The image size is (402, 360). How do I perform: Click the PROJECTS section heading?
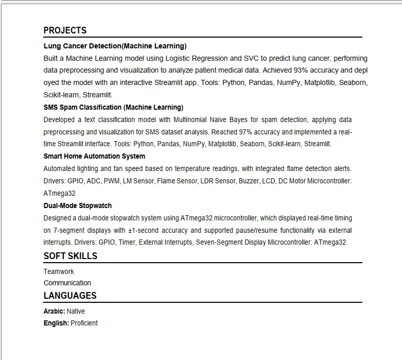coord(65,30)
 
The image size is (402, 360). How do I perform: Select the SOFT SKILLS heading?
coord(70,256)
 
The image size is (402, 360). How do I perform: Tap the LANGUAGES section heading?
coord(70,296)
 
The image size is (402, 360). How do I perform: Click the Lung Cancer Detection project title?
coord(115,46)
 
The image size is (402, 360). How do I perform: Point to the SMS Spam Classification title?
coord(113,107)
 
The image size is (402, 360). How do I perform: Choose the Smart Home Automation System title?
coord(94,156)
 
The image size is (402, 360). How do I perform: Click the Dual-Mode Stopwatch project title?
coord(78,205)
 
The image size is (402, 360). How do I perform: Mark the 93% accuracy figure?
coord(302,70)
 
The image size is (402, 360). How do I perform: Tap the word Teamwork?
coord(59,271)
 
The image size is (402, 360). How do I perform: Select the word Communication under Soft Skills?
coord(67,283)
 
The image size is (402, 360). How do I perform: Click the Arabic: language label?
coord(54,311)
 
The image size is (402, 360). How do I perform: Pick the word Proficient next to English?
coord(84,323)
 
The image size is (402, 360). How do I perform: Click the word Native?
coord(76,311)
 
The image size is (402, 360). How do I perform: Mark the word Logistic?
coord(179,58)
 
